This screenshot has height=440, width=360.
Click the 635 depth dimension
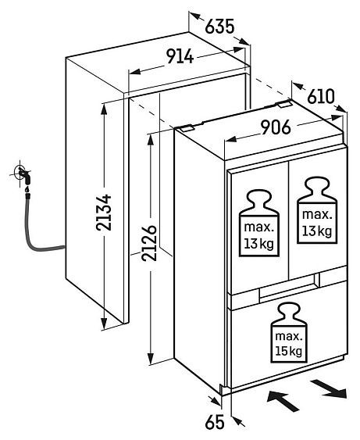click(x=219, y=27)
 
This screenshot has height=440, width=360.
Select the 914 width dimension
click(x=180, y=56)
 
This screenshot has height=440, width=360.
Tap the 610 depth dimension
click(x=321, y=97)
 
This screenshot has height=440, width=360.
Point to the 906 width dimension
click(x=276, y=127)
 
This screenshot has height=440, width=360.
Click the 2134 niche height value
click(x=103, y=213)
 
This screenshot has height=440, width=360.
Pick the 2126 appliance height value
click(x=149, y=243)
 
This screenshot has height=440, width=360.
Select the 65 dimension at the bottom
click(x=215, y=422)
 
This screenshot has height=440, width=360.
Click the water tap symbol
click(x=23, y=174)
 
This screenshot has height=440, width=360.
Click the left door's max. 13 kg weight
click(x=259, y=223)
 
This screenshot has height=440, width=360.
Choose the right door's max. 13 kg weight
click(x=317, y=210)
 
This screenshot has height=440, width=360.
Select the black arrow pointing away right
click(x=329, y=388)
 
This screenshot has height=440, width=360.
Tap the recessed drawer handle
click(x=289, y=288)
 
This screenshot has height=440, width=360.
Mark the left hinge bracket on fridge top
click(x=186, y=128)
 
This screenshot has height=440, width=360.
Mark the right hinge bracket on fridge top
click(x=285, y=105)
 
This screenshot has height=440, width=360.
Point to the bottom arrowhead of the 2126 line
click(x=151, y=358)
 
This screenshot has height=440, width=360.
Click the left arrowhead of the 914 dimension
click(x=134, y=72)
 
